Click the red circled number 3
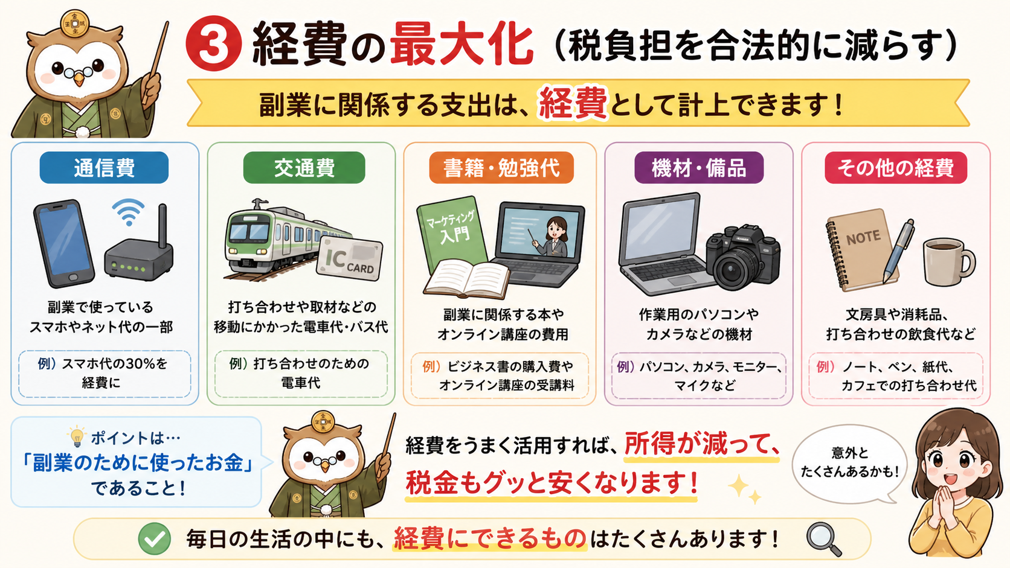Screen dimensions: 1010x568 (x=213, y=43)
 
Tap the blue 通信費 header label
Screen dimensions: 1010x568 (x=104, y=168)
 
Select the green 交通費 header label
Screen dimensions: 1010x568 (x=304, y=168)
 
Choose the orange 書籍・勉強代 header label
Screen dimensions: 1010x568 (x=501, y=168)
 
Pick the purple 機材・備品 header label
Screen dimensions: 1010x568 (x=699, y=168)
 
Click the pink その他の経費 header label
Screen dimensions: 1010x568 (x=896, y=168)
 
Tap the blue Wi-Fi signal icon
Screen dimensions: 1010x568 (x=129, y=212)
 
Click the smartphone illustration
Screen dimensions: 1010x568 (x=64, y=243)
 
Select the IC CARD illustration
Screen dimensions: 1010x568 (x=349, y=260)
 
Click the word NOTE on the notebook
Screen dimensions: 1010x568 (x=863, y=237)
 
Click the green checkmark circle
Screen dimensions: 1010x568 (x=154, y=538)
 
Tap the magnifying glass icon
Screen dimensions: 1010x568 (x=823, y=539)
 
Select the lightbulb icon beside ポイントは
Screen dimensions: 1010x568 (x=77, y=436)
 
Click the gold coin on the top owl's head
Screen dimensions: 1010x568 (x=75, y=22)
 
